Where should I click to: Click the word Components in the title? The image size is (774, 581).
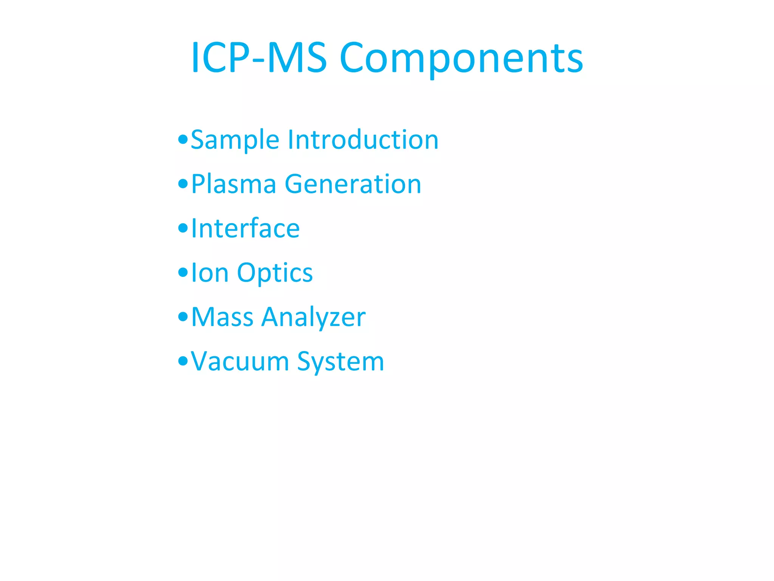tap(461, 59)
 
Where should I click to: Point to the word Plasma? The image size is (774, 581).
tap(234, 184)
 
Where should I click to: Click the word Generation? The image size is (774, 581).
tap(353, 184)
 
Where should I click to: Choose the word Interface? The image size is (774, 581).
tap(245, 228)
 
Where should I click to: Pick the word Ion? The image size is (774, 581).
tap(210, 273)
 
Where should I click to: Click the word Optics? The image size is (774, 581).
tap(275, 273)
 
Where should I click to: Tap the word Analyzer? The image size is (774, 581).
tap(313, 318)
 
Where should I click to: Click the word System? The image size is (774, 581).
tap(341, 362)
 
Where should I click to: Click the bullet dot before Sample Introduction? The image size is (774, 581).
tap(183, 140)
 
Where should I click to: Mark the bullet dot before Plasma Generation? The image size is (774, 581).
tap(183, 184)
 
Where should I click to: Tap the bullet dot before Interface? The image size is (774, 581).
tap(183, 228)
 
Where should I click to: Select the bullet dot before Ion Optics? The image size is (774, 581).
tap(183, 272)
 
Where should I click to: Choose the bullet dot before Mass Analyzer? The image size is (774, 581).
tap(183, 317)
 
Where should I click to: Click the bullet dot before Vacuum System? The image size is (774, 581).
tap(183, 361)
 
